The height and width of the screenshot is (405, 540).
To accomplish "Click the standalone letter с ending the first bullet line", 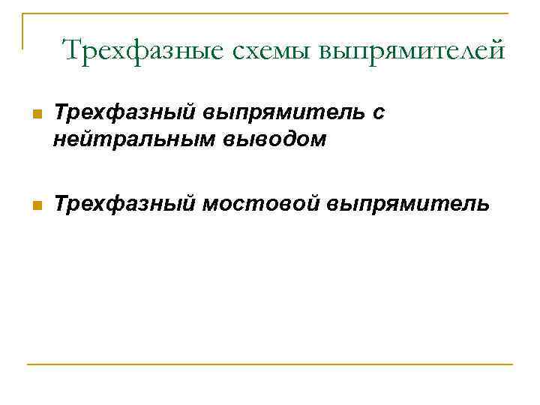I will pos(381,113).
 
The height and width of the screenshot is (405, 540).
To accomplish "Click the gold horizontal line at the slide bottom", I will pos(270,364).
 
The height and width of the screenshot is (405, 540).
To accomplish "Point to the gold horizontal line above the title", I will pos(270,14).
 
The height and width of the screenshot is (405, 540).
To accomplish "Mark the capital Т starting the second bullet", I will pos(62,202).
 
